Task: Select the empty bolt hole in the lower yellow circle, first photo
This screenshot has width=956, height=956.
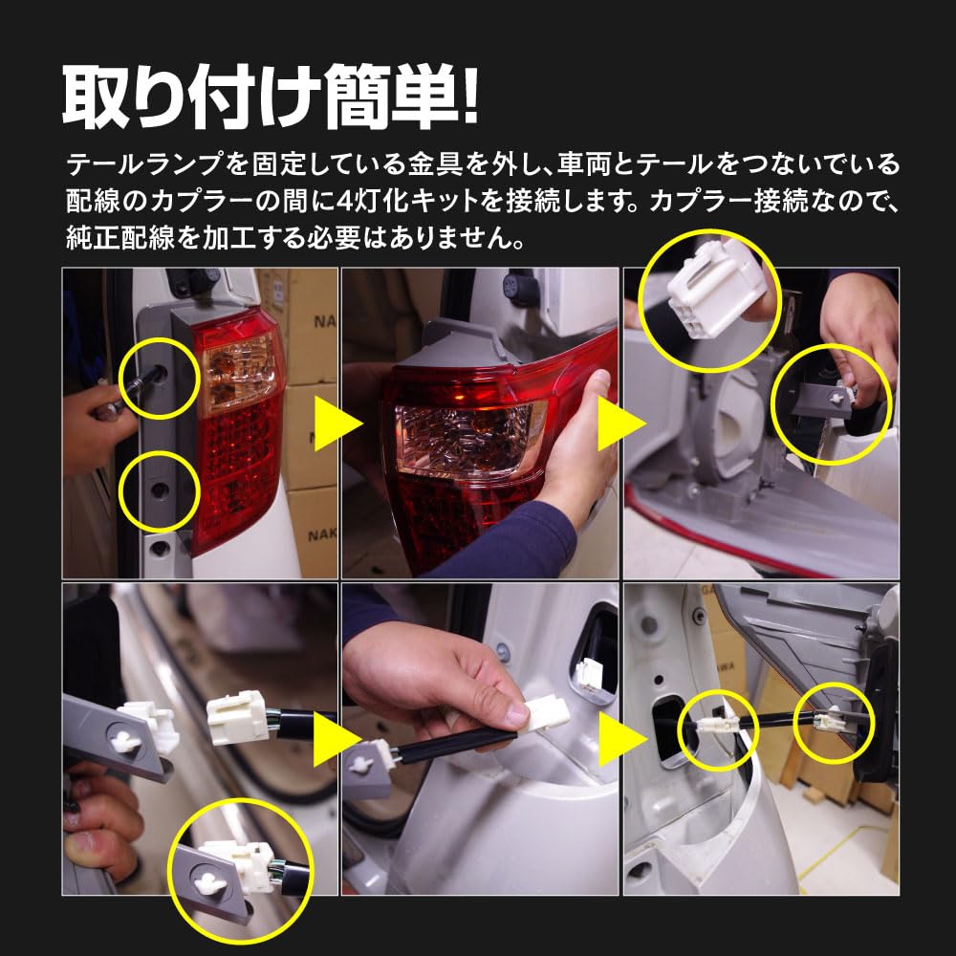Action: (159, 489)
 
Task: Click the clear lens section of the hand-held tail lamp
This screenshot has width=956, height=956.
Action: (468, 436)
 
